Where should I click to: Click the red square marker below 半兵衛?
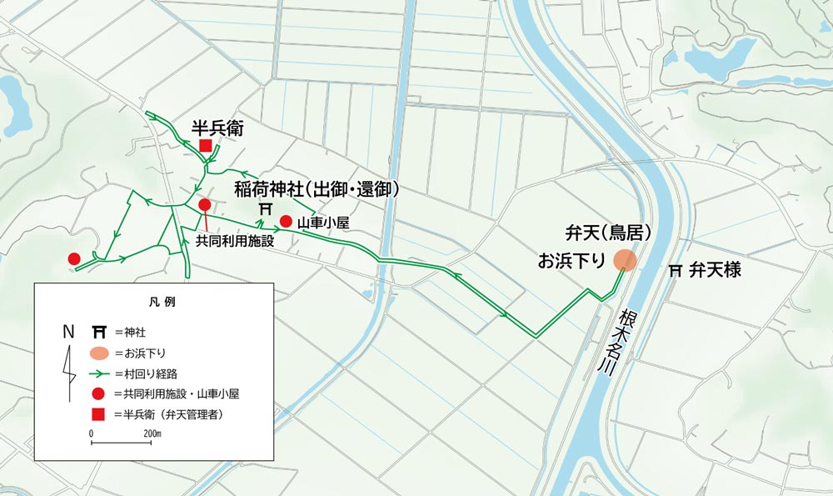tap(205, 147)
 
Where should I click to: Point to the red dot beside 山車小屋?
tap(285, 221)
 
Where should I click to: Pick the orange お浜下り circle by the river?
tap(626, 260)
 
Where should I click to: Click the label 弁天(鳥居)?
tap(606, 232)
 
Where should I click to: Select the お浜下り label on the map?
tap(571, 260)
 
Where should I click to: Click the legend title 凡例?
tap(154, 299)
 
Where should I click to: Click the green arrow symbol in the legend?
tap(97, 373)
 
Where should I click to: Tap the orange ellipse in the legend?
tap(97, 352)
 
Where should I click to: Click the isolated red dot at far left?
tap(73, 258)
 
